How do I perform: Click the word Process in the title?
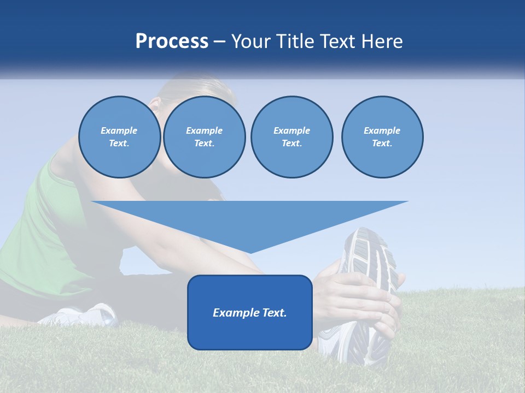(x=172, y=41)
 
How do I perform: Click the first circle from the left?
(x=119, y=137)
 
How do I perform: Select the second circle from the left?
(x=204, y=137)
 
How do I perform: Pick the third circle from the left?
(x=291, y=137)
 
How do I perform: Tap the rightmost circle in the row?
(x=382, y=137)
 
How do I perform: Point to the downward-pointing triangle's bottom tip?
(x=249, y=252)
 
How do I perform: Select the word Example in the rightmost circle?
(x=382, y=130)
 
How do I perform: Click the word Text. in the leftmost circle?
(x=119, y=144)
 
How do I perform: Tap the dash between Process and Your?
(x=219, y=41)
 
